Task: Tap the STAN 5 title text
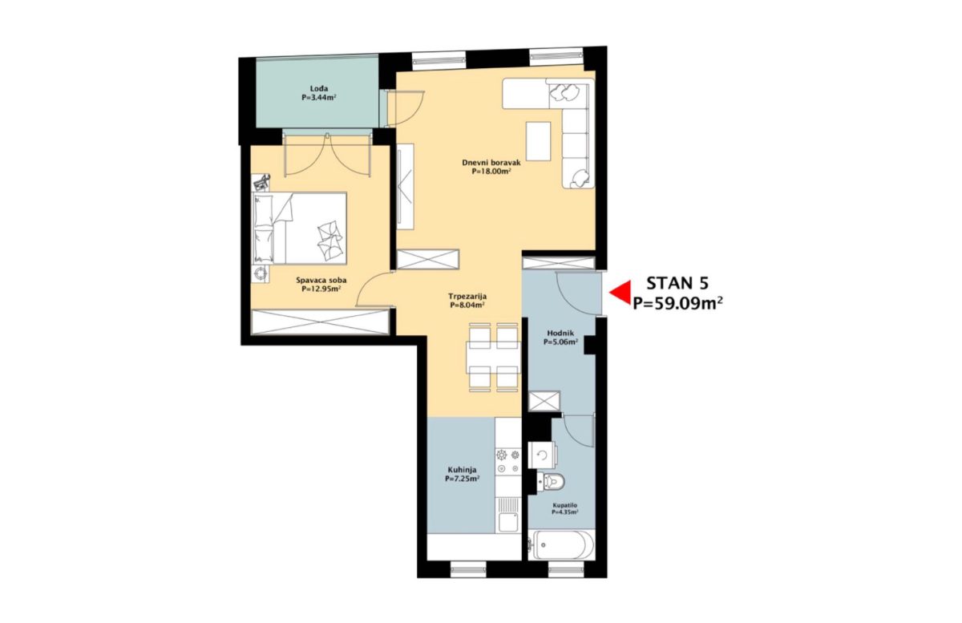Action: pyautogui.click(x=677, y=284)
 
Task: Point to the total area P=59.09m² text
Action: pyautogui.click(x=677, y=303)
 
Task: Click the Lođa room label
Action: pyautogui.click(x=319, y=89)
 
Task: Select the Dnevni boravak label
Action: pyautogui.click(x=491, y=163)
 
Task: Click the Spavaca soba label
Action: pyautogui.click(x=321, y=281)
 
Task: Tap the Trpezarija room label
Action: pyautogui.click(x=467, y=297)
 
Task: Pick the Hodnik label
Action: pyautogui.click(x=560, y=333)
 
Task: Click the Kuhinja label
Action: pyautogui.click(x=462, y=470)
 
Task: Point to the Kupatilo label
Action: pyautogui.click(x=564, y=506)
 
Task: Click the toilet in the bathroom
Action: pyautogui.click(x=551, y=482)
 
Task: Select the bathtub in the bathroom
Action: pyautogui.click(x=561, y=545)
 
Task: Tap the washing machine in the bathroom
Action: pyautogui.click(x=543, y=455)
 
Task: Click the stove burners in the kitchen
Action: pyautogui.click(x=508, y=462)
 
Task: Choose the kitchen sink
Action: pyautogui.click(x=508, y=515)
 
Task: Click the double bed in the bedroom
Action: pyautogui.click(x=299, y=229)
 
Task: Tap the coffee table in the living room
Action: pyautogui.click(x=539, y=141)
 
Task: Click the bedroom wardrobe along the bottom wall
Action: pyautogui.click(x=321, y=322)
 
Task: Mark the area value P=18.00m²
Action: pyautogui.click(x=491, y=171)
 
